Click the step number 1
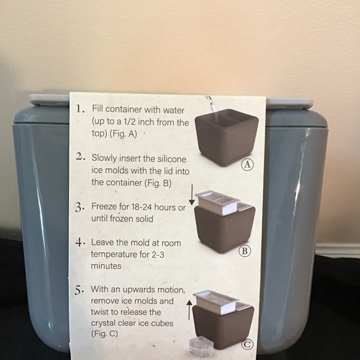click(x=80, y=109)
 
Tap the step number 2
click(x=81, y=156)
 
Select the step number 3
click(x=79, y=207)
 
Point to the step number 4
click(x=80, y=242)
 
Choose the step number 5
click(x=79, y=290)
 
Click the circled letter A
click(x=248, y=164)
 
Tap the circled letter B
click(x=245, y=251)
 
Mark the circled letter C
click(x=248, y=344)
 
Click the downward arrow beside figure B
click(x=192, y=195)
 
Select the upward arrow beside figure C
click(x=189, y=310)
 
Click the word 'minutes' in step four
click(x=106, y=266)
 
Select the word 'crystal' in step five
click(x=105, y=323)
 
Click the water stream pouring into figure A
click(x=212, y=109)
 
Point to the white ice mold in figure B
click(x=217, y=203)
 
